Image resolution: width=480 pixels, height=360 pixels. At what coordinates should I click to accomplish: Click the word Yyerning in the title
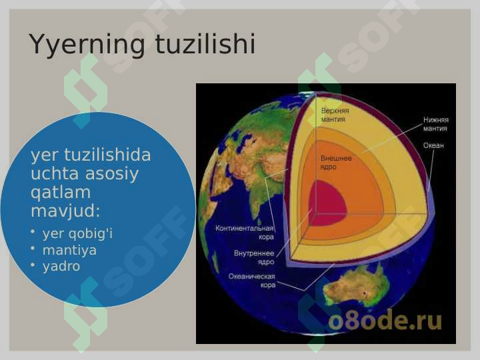[x=87, y=45]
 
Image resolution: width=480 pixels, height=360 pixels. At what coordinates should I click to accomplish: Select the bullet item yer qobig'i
[x=77, y=233]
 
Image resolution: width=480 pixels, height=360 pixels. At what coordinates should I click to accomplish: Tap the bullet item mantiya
[x=69, y=250]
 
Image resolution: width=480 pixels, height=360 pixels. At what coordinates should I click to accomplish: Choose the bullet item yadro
[x=61, y=266]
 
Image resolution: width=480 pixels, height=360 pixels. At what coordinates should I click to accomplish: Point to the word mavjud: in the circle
[x=65, y=211]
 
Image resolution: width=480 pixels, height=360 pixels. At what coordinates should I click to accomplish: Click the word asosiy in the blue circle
[x=112, y=174]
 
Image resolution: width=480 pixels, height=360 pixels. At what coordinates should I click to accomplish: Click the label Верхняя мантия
[x=335, y=115]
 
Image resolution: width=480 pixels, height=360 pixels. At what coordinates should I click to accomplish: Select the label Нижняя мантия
[x=435, y=124]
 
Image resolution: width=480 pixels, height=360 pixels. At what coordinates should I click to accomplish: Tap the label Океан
[x=433, y=145]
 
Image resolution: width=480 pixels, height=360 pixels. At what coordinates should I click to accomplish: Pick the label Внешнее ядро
[x=336, y=163]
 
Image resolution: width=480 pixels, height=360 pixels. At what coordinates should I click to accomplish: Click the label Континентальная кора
[x=244, y=233]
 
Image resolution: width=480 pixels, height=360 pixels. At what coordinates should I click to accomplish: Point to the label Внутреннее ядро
[x=254, y=257]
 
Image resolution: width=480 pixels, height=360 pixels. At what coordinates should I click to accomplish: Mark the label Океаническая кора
[x=252, y=281]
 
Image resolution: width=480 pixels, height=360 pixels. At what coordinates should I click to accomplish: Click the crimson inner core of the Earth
[x=326, y=203]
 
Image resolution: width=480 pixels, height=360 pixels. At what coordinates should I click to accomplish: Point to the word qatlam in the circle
[x=61, y=193]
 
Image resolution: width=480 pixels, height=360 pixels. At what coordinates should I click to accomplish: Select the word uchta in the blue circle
[x=55, y=173]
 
